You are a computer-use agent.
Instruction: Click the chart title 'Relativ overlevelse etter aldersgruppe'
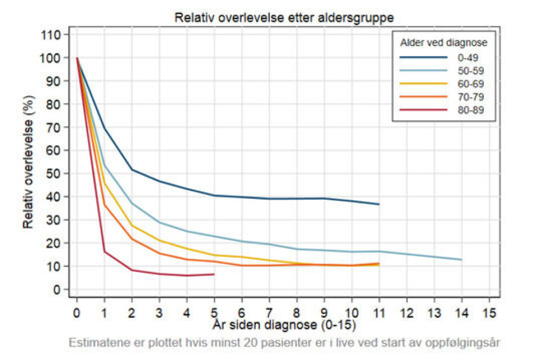[x=283, y=17]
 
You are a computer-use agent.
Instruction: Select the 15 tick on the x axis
[x=489, y=312]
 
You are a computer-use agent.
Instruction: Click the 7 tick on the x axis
[x=269, y=312]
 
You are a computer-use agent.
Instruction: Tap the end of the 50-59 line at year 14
[x=461, y=260]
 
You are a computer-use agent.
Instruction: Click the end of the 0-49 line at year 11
[x=379, y=204]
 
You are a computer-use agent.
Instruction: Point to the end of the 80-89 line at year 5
[x=214, y=274]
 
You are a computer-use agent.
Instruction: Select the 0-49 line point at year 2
[x=132, y=170]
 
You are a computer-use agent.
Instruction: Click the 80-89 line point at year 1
[x=105, y=251]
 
